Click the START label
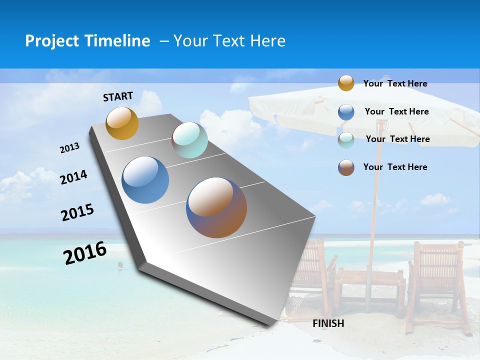[118, 96]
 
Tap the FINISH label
[328, 323]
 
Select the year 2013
[70, 148]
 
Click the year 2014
[74, 177]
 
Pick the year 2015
[77, 212]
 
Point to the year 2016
[85, 253]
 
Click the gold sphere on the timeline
[122, 123]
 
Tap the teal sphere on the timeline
[189, 140]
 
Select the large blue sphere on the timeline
[145, 180]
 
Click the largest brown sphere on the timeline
[216, 207]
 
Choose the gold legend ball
[346, 83]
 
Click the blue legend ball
[346, 111]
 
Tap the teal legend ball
[346, 139]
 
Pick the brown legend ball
[346, 167]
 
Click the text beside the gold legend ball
[395, 83]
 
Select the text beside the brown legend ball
[395, 167]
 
